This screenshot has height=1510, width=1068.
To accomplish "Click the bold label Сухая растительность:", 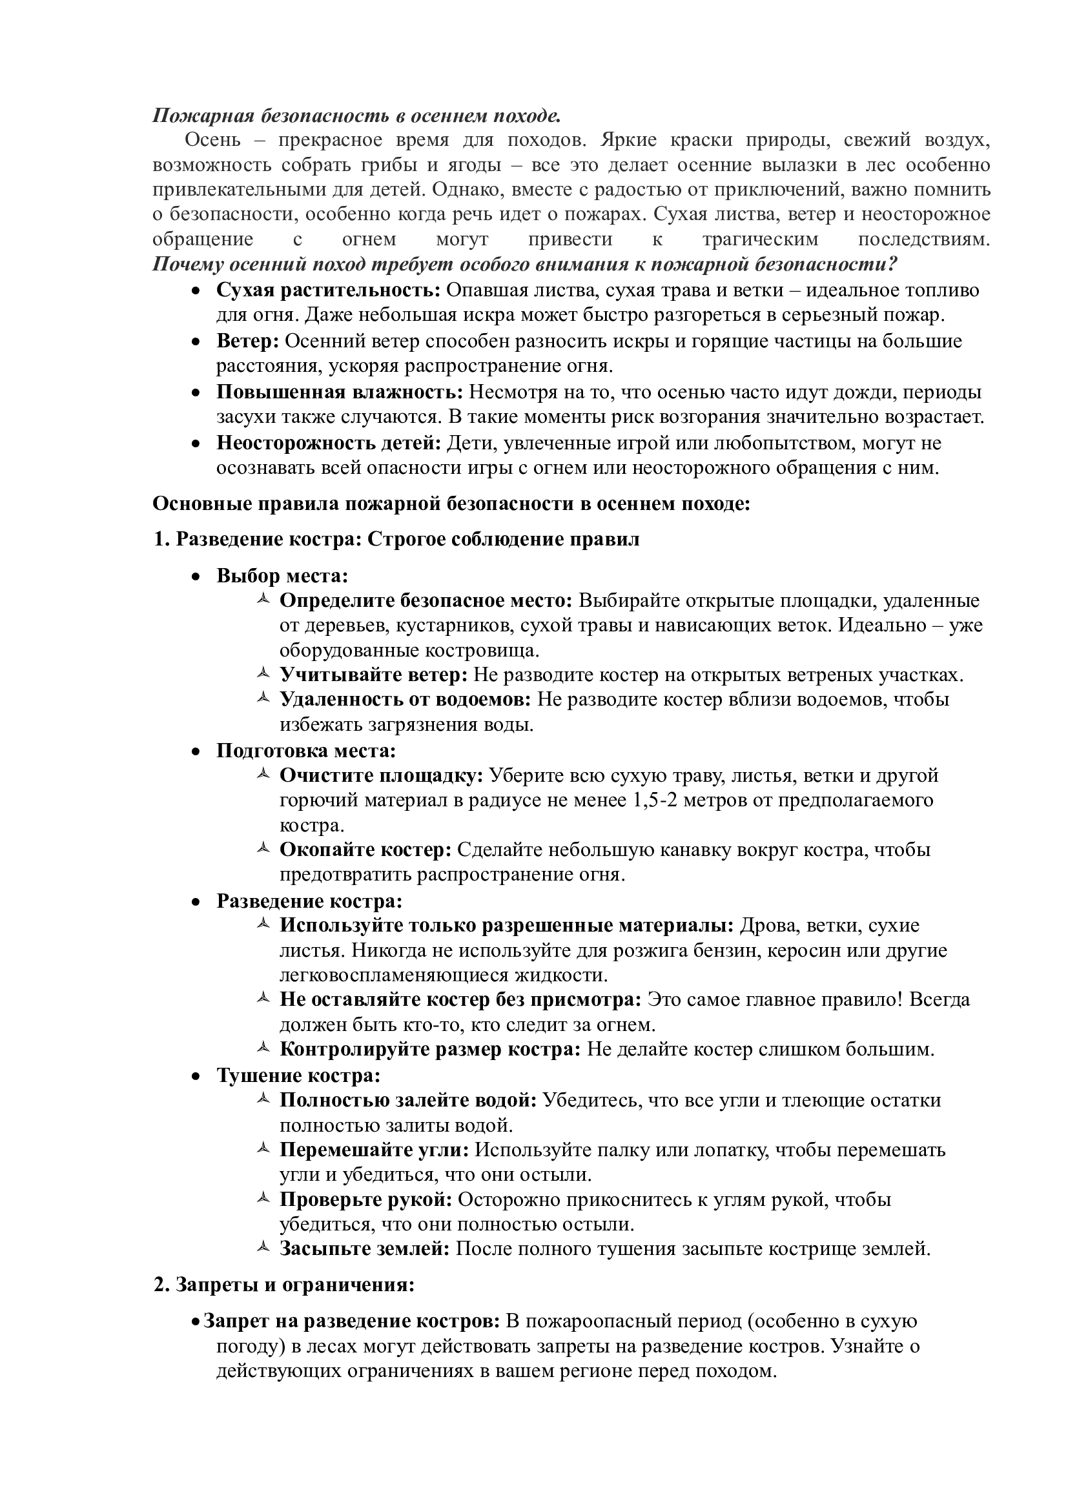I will tap(328, 290).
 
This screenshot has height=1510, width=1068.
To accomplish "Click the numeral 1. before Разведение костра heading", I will tap(162, 539).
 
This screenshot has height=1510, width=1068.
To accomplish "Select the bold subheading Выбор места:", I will tap(282, 576).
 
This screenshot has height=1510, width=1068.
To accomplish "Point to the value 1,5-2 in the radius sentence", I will tap(659, 801).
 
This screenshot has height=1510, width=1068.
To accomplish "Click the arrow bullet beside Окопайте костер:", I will tap(262, 849).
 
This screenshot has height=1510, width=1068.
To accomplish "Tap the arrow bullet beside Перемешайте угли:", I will tap(262, 1149).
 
